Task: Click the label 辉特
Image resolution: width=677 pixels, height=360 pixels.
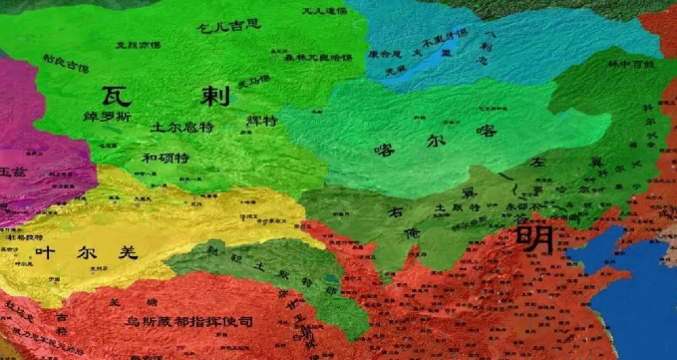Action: click(260, 120)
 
